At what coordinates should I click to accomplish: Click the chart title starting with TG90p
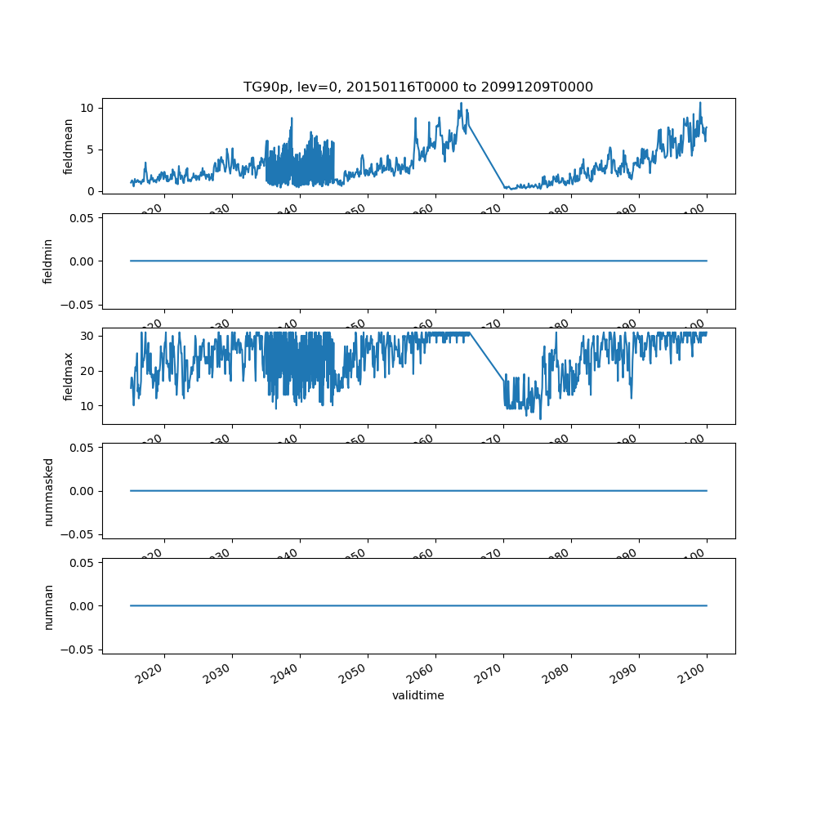(x=418, y=87)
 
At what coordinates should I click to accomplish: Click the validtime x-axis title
(x=418, y=696)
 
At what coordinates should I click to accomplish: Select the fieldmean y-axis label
(x=69, y=146)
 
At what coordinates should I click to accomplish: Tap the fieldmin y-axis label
(x=48, y=261)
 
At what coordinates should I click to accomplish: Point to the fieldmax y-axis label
(x=69, y=377)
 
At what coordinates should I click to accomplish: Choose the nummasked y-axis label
(x=48, y=491)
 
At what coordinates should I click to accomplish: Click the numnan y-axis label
(x=48, y=606)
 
